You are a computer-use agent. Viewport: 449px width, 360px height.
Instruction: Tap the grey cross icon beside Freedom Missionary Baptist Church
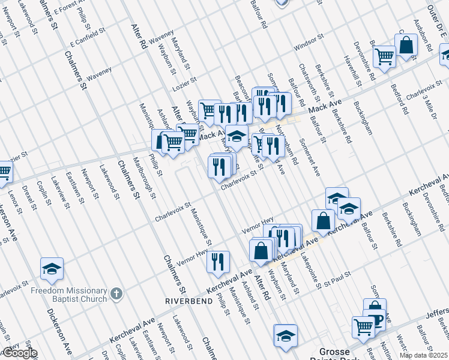tap(117, 294)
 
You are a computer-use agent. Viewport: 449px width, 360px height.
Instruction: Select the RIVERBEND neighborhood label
tap(189, 301)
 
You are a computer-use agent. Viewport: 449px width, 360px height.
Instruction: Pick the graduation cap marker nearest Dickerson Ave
tap(52, 269)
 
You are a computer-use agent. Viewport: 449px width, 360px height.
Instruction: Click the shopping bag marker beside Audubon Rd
tap(406, 45)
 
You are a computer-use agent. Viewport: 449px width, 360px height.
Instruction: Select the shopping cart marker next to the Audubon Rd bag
tap(384, 57)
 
